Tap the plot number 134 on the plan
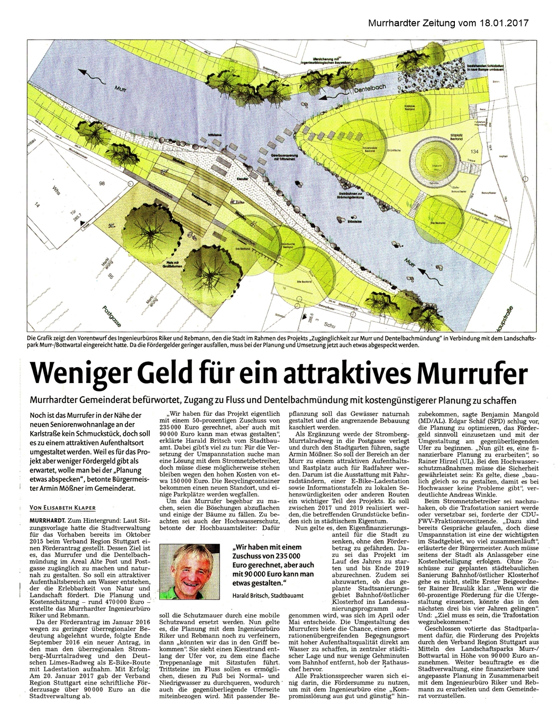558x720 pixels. [x=474, y=152]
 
